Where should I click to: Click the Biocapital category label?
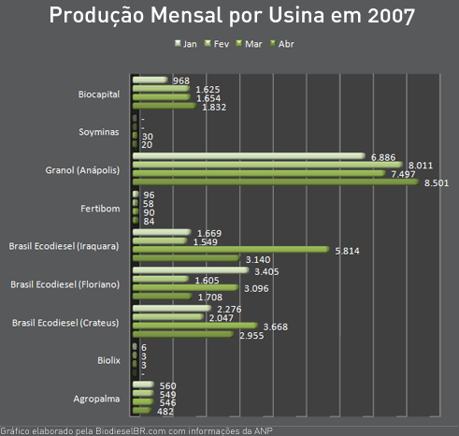tap(99, 94)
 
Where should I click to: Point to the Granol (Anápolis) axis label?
tap(82, 170)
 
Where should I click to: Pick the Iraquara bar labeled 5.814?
tap(231, 250)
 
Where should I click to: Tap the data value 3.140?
tap(257, 259)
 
